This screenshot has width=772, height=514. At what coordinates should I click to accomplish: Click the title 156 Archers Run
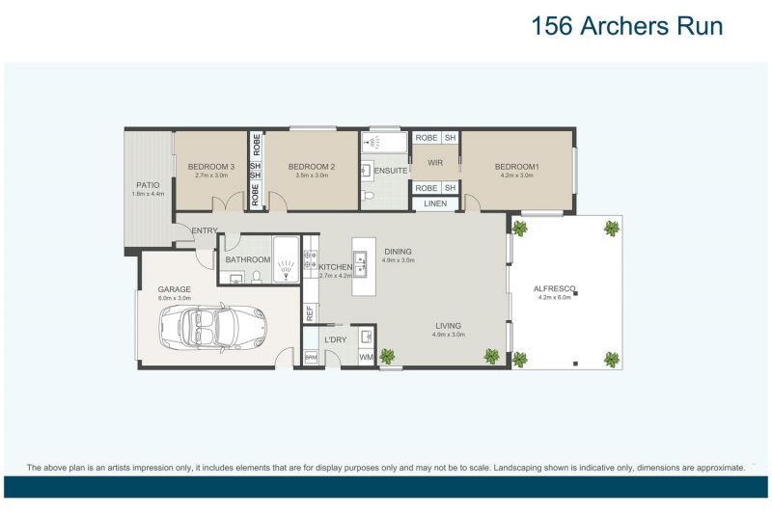[x=626, y=26]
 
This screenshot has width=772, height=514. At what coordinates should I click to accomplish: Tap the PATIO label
[x=148, y=184]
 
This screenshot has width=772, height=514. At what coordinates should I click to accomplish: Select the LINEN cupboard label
[x=435, y=203]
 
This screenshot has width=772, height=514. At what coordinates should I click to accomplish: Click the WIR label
[x=434, y=163]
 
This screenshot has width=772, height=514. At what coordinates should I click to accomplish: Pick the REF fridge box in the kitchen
[x=310, y=311]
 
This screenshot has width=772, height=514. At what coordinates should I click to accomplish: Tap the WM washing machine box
[x=366, y=358]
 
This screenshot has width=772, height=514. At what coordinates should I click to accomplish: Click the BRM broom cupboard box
[x=310, y=358]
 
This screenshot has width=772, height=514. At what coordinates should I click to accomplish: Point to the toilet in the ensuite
[x=369, y=197]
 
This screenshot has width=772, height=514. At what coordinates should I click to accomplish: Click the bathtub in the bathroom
[x=286, y=259]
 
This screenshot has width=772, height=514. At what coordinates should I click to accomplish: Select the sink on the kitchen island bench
[x=359, y=258]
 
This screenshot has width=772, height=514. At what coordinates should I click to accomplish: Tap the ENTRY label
[x=205, y=230]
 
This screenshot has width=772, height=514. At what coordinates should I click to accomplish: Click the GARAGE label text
[x=175, y=289]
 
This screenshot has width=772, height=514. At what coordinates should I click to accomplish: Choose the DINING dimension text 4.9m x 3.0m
[x=398, y=260]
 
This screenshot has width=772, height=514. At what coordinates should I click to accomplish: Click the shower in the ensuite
[x=373, y=143]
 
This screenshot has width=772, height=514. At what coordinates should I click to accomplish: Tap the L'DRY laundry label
[x=335, y=339]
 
